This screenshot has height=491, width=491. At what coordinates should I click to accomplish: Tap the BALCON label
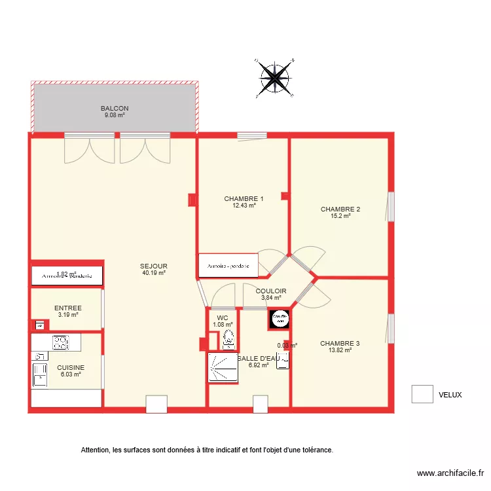[115, 109]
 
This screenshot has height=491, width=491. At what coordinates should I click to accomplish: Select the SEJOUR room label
[154, 266]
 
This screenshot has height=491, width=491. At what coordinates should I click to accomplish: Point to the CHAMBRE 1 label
[244, 199]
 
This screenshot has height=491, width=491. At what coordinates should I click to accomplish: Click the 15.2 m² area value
[340, 216]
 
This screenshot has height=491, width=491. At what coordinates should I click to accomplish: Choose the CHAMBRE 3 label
[340, 343]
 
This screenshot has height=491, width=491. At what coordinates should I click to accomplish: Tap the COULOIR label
[271, 291]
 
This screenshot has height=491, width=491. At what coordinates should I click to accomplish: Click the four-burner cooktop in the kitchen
[60, 342]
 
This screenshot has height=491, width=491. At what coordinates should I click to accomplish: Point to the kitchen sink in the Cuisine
[39, 373]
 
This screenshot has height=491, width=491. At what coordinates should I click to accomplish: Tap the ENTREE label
[67, 308]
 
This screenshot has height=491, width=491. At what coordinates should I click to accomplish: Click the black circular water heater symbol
[280, 318]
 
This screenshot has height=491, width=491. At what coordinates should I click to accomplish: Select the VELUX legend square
[422, 394]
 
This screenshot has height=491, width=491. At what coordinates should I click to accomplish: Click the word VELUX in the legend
[450, 395]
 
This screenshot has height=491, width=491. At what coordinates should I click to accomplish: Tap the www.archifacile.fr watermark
[451, 473]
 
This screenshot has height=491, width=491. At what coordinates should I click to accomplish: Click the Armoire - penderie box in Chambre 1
[228, 265]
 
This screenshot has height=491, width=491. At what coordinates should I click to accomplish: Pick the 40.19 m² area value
[154, 273]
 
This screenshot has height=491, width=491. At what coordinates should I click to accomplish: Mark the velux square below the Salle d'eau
[261, 404]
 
